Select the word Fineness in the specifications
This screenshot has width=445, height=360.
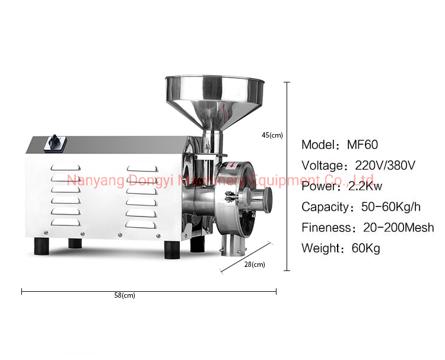point(325,228)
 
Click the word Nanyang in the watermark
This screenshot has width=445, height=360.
point(88,180)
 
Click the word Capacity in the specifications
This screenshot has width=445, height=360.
point(326,207)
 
